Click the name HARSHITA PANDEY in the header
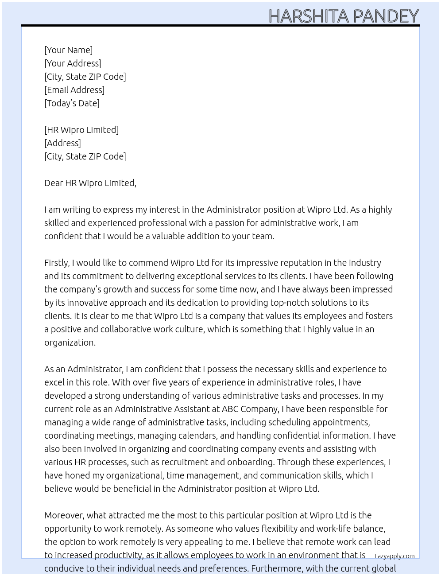point(343,16)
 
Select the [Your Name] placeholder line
point(68,50)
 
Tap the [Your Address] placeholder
point(73,63)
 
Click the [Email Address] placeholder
point(74,90)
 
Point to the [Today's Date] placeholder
point(72,103)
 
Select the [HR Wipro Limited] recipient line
point(81,130)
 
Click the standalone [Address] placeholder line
point(62,143)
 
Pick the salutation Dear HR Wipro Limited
point(90,183)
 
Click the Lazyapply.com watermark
point(395,556)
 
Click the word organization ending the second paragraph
point(70,342)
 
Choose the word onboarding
point(250,462)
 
